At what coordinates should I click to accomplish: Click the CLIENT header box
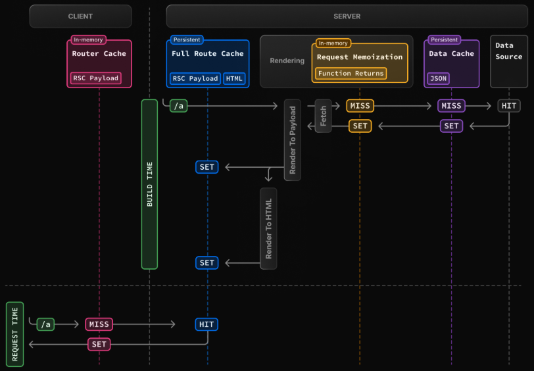tap(80, 16)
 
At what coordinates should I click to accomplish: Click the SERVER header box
tap(347, 16)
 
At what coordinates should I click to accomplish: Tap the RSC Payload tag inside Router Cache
tap(95, 78)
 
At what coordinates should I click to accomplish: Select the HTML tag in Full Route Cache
tap(234, 78)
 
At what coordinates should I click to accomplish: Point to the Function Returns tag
tap(351, 73)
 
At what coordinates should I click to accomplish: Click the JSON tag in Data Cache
tap(437, 78)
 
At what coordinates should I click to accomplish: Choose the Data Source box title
tap(508, 51)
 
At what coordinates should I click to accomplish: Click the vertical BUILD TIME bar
tap(149, 184)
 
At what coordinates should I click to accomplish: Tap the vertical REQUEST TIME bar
tap(14, 334)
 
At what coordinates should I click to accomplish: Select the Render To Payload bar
tap(293, 139)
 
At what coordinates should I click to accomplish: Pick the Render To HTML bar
tap(268, 228)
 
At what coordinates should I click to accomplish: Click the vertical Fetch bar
tap(323, 116)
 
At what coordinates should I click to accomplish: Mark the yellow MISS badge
tap(360, 106)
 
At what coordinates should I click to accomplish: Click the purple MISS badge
tap(451, 106)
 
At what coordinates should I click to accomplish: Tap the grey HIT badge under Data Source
tap(508, 106)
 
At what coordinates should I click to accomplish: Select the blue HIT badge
tap(206, 324)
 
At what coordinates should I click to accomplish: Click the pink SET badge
tap(99, 344)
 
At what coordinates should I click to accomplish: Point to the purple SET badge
tap(451, 126)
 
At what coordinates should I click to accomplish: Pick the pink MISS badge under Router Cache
tap(99, 324)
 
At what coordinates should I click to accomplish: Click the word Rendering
tap(287, 61)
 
